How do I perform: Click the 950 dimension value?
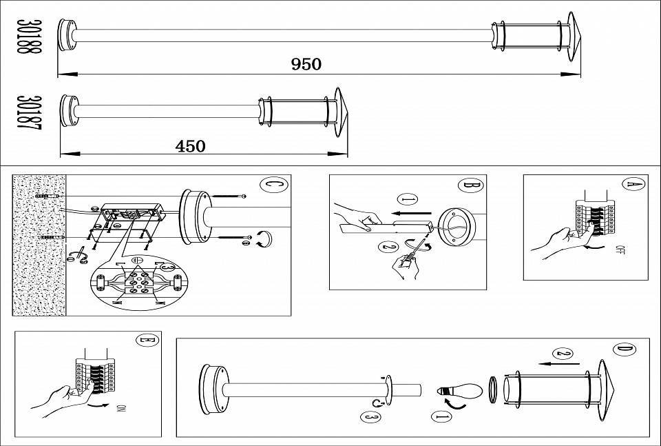306,65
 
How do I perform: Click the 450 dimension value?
190,146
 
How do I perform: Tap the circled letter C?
271,185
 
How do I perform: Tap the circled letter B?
470,184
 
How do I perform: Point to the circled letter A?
633,184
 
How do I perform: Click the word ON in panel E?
122,411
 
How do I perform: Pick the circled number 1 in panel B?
408,200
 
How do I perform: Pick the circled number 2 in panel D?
564,354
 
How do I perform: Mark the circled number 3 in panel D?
370,417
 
